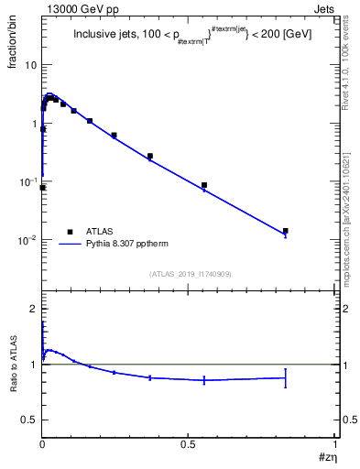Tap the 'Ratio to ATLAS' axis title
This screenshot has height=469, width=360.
pyautogui.click(x=13, y=365)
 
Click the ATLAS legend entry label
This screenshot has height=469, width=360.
pyautogui.click(x=101, y=232)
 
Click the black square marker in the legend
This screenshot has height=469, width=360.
pyautogui.click(x=70, y=232)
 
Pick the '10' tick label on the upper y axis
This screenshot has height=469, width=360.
pyautogui.click(x=30, y=65)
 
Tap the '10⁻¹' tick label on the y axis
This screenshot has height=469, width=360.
pyautogui.click(x=28, y=181)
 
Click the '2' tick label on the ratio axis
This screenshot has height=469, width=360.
pyautogui.click(x=34, y=309)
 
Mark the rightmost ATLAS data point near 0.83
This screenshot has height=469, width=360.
pyautogui.click(x=286, y=231)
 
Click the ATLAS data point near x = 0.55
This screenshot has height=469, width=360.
pyautogui.click(x=204, y=185)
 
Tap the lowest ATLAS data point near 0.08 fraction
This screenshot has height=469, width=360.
pyautogui.click(x=43, y=187)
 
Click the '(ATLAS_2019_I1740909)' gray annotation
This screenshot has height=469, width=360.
pyautogui.click(x=189, y=274)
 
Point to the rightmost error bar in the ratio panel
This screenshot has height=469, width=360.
pyautogui.click(x=286, y=377)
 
